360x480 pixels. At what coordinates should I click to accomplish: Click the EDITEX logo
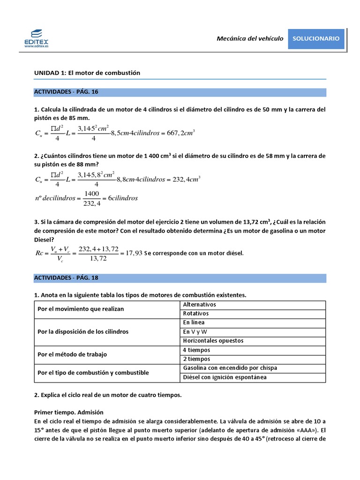tap(36, 37)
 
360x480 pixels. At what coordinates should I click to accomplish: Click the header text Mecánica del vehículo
tap(250, 39)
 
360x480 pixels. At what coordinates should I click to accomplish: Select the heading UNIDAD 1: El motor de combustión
tap(87, 73)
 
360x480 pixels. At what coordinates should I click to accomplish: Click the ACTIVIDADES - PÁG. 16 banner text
tap(66, 92)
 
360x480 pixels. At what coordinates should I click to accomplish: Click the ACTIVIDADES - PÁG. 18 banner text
tap(66, 278)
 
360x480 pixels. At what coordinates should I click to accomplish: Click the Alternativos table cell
tap(199, 305)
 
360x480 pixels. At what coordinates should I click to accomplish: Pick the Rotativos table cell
tap(196, 314)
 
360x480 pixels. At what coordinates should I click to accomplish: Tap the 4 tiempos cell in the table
tap(196, 350)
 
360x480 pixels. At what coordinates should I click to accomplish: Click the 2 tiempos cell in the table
tap(196, 359)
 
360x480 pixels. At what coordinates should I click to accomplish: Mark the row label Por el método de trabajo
tap(72, 354)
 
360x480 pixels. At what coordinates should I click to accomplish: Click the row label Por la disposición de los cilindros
tap(83, 331)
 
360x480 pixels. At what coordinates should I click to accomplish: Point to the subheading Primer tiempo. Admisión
tap(68, 412)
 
